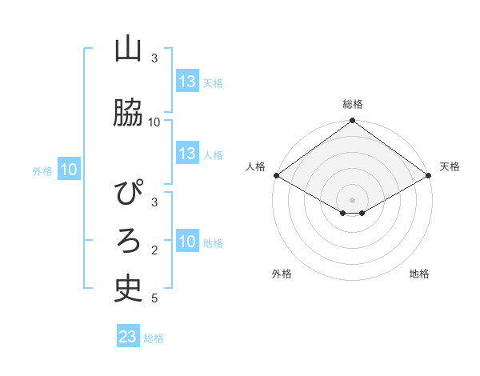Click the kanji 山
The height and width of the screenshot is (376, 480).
point(128,50)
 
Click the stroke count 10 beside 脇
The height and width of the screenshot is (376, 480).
point(154,122)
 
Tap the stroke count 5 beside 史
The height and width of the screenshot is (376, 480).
point(154,298)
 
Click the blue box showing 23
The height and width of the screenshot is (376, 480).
point(127,337)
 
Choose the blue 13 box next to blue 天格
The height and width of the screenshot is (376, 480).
point(187,82)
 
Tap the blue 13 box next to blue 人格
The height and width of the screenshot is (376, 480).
point(187,154)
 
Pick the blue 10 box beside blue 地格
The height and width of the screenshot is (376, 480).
point(187,242)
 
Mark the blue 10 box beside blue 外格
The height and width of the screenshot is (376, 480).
point(69,170)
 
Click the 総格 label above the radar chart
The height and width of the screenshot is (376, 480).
point(352,104)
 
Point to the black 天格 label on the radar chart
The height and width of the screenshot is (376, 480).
point(450,166)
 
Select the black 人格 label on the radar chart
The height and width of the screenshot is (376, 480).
point(255,166)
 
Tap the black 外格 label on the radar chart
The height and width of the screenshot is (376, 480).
point(282,274)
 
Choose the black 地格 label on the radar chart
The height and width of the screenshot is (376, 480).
point(419,274)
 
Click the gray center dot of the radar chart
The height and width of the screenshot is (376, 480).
point(352,199)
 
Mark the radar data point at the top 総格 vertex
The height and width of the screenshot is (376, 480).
point(352,121)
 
